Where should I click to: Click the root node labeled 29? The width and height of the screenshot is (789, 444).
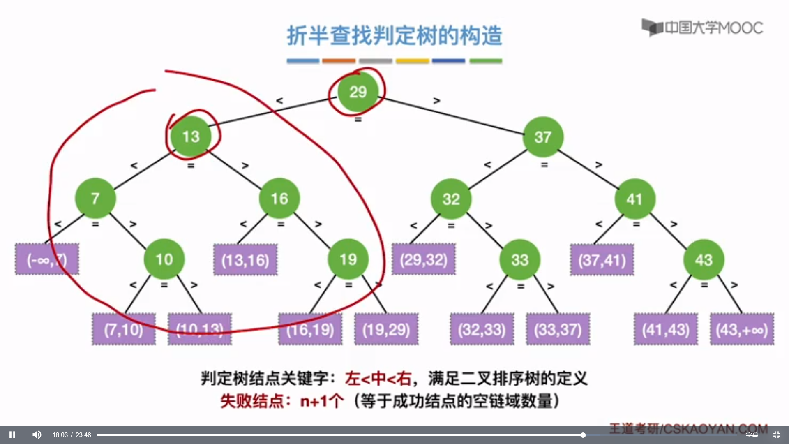click(x=358, y=92)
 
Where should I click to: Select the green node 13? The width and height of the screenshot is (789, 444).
click(x=191, y=136)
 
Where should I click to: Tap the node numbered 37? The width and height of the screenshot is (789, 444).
click(x=543, y=137)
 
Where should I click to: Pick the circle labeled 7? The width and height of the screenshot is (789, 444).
click(x=95, y=198)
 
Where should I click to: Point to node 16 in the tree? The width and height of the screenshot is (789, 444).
click(x=279, y=199)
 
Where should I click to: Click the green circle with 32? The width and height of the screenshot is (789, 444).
click(x=451, y=199)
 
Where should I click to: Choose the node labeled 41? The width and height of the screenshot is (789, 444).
click(x=634, y=199)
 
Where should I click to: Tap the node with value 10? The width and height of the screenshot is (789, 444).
click(x=164, y=259)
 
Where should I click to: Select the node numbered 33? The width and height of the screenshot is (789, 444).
click(x=520, y=260)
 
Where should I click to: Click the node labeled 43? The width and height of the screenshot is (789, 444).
click(x=704, y=260)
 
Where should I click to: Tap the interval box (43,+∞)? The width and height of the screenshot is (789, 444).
click(x=742, y=329)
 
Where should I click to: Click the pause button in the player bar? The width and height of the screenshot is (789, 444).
click(x=12, y=435)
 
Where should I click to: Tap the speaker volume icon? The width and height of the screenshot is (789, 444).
click(x=37, y=435)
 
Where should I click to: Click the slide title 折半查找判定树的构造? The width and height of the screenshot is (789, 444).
click(x=394, y=35)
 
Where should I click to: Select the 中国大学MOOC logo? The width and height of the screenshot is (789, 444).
click(x=703, y=28)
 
